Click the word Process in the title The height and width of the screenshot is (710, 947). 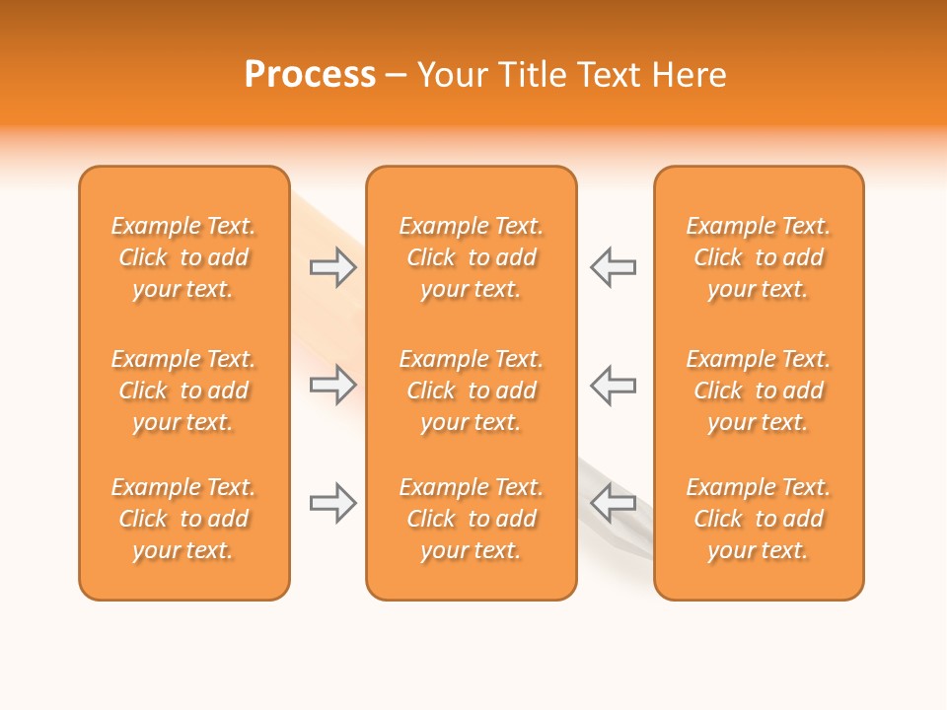click(310, 75)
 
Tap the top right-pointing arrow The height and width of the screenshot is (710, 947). click(332, 267)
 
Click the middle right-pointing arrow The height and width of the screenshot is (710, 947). click(332, 385)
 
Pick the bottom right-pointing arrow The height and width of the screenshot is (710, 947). click(332, 503)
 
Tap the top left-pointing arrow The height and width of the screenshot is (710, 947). click(614, 267)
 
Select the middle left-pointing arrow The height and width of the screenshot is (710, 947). click(614, 385)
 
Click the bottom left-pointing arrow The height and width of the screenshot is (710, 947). click(614, 503)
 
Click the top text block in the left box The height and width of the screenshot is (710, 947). click(183, 257)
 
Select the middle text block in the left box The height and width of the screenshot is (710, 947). click(183, 390)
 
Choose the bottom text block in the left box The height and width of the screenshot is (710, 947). click(183, 519)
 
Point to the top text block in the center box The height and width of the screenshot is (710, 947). click(471, 257)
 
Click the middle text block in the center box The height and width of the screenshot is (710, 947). click(471, 390)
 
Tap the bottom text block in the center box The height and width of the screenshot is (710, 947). click(471, 519)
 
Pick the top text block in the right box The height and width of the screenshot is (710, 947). click(758, 257)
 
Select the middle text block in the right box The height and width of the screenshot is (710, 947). click(758, 390)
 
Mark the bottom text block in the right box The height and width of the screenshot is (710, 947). click(758, 519)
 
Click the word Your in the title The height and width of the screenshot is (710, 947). click(451, 75)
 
